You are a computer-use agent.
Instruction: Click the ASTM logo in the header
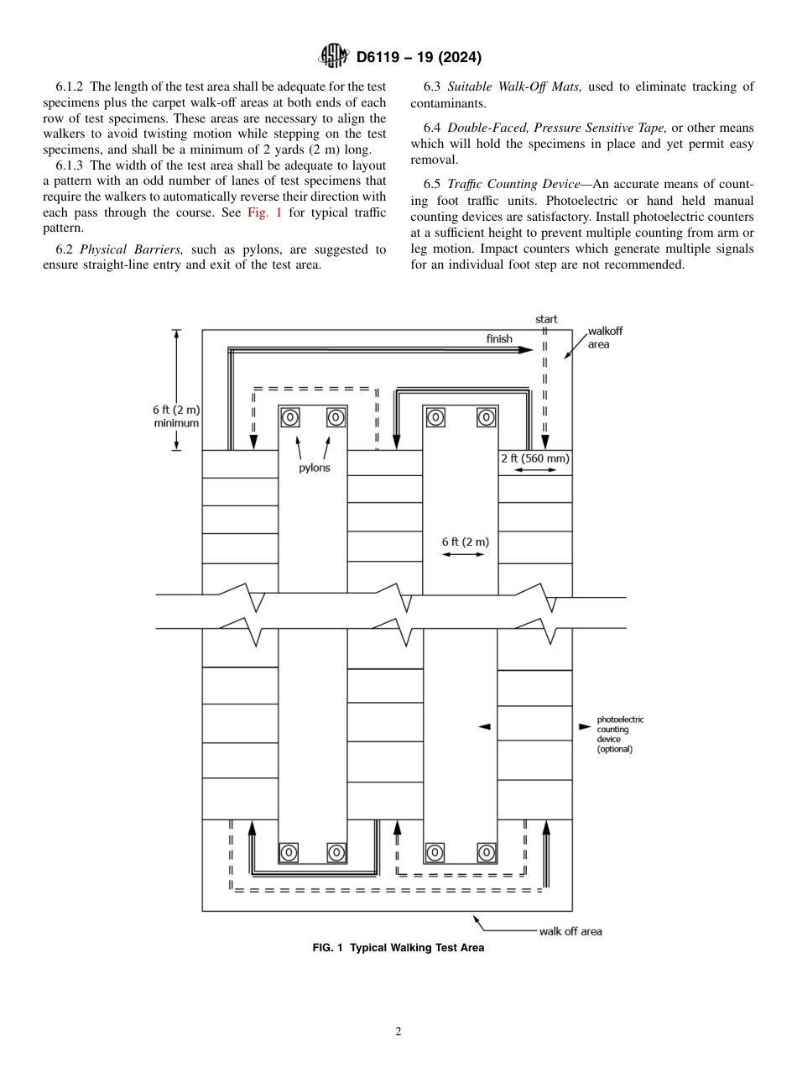tap(335, 57)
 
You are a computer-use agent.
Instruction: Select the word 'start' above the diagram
tap(546, 320)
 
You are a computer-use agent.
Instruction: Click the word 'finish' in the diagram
tap(499, 338)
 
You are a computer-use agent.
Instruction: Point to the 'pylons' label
tap(315, 468)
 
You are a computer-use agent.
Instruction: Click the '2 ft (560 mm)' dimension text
tap(535, 458)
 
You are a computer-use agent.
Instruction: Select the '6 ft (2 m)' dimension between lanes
tap(465, 542)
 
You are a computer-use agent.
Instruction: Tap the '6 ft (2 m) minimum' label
tap(176, 416)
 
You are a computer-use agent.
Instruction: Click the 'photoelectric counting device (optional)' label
tap(620, 734)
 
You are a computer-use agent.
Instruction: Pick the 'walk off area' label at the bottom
tap(570, 930)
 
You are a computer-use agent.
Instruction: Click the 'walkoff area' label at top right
tap(605, 338)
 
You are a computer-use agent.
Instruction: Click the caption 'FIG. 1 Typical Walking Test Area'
tap(398, 947)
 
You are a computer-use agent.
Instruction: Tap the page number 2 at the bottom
tap(398, 1032)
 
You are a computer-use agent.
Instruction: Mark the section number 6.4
tap(433, 128)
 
